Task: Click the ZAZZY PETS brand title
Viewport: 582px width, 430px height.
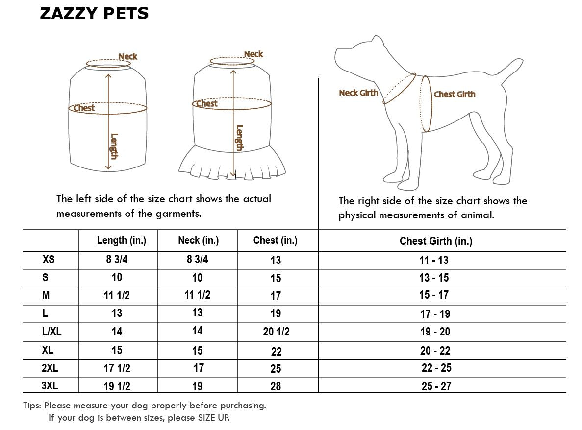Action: [94, 14]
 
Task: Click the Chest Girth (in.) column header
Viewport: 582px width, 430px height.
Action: [436, 241]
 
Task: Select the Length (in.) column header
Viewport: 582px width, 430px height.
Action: [122, 240]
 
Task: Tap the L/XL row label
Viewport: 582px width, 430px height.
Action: [51, 331]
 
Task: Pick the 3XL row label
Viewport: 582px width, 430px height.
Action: [50, 386]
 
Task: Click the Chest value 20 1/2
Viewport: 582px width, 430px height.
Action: [276, 332]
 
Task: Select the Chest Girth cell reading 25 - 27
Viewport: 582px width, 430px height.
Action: [436, 386]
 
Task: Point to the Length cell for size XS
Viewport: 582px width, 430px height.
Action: [117, 259]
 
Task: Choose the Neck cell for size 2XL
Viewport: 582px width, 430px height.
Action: [199, 368]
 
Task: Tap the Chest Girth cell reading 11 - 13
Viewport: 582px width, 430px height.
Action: [433, 260]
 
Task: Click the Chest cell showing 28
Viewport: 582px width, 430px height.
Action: [276, 386]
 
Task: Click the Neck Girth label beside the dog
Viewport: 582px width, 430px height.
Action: [358, 93]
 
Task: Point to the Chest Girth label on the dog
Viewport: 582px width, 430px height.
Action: [455, 94]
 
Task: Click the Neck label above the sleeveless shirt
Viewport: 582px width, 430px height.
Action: [127, 57]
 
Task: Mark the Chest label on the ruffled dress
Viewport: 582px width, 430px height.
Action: [207, 103]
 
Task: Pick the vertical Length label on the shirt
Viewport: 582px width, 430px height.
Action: [114, 146]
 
